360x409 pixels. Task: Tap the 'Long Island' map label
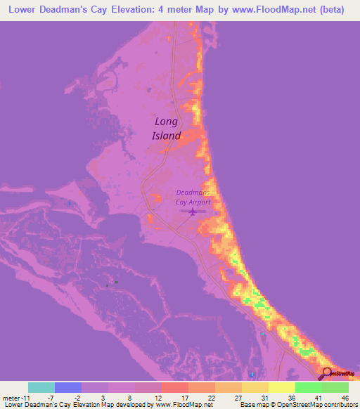(x=167, y=129)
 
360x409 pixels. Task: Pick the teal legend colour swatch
(x=41, y=387)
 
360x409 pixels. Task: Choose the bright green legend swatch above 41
(x=309, y=387)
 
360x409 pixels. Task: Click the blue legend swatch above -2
(x=68, y=387)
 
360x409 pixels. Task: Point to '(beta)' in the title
(x=329, y=11)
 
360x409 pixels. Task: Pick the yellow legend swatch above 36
(x=282, y=387)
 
